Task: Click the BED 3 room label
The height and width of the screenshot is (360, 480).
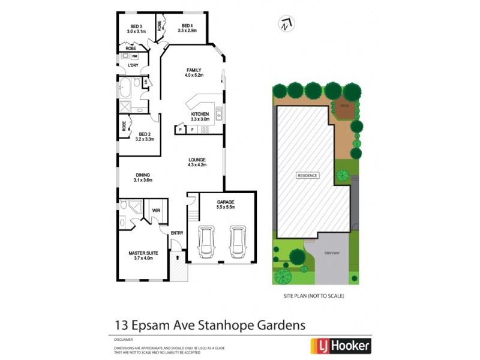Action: (x=136, y=26)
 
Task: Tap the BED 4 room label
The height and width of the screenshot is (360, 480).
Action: (x=187, y=26)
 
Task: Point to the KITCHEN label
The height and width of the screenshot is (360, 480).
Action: (x=200, y=114)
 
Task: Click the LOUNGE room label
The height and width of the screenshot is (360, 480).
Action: (x=197, y=159)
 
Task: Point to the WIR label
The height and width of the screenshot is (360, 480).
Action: (x=156, y=211)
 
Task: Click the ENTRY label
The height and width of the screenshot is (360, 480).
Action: (x=176, y=233)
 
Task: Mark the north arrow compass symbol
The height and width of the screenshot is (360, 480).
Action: (x=286, y=24)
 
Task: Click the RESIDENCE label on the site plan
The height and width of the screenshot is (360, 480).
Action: (x=307, y=175)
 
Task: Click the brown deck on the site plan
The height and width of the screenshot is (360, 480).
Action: (x=344, y=106)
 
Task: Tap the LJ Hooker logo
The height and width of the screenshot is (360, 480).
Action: (x=340, y=346)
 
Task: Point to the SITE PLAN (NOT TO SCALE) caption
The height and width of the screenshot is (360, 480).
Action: (x=313, y=296)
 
